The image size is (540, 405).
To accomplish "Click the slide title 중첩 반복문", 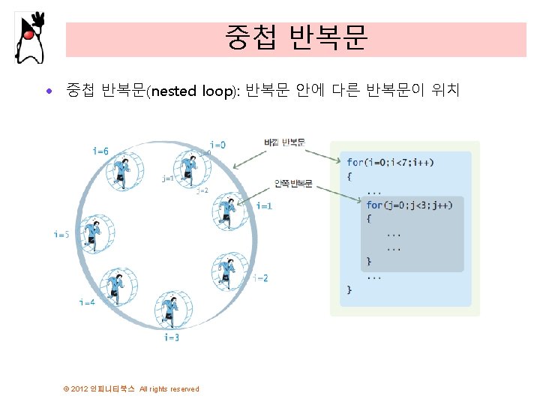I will tap(295, 38).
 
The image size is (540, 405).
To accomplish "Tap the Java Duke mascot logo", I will tap(29, 37).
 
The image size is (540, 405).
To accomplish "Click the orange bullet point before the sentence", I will tap(49, 92).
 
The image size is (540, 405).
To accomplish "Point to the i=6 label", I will tap(100, 151).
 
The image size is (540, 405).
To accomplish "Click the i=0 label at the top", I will tap(217, 144).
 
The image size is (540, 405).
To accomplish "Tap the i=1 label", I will tap(264, 205).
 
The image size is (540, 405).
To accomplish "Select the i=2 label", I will tap(260, 278).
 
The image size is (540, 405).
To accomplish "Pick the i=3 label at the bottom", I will tap(172, 337).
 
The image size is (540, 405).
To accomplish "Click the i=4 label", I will tap(87, 302).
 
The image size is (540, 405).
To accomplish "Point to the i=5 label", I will tap(61, 234).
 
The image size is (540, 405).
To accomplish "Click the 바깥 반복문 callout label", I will tap(285, 142).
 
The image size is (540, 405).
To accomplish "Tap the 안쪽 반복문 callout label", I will tap(293, 184).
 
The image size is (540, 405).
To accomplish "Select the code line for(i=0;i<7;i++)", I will tap(390, 162).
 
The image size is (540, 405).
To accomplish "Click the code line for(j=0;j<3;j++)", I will tap(409, 205).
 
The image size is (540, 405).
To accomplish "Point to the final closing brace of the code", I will tap(349, 289).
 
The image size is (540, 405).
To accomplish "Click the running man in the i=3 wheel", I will tap(172, 310).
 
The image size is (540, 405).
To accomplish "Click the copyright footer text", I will tap(132, 388).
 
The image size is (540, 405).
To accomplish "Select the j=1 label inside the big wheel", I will tap(167, 178).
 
